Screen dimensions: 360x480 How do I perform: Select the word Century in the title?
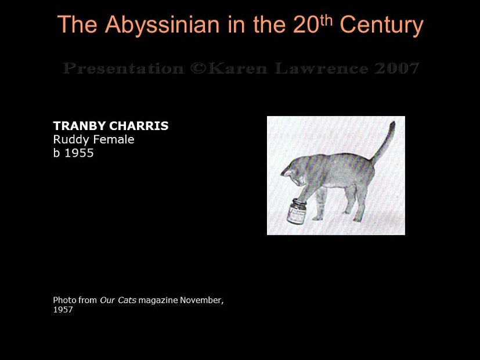point(381,25)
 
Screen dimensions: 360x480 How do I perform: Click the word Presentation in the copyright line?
point(122,69)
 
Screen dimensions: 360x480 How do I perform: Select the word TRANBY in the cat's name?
point(78,126)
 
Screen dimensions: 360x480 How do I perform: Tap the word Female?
point(113,139)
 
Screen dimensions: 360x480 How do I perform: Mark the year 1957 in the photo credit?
point(63,310)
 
